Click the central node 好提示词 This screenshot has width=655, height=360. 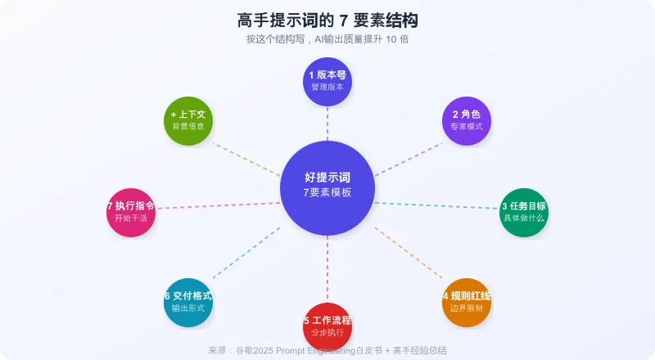pos(327,187)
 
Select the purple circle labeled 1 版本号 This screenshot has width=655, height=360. pos(327,81)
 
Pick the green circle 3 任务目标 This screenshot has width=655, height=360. pos(524,212)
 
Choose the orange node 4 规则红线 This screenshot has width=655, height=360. pos(467,302)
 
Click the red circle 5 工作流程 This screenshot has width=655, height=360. pos(327,325)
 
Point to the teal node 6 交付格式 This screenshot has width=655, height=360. pos(188,302)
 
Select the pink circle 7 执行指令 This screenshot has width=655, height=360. pos(131,212)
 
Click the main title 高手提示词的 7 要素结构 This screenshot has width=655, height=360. pos(327,20)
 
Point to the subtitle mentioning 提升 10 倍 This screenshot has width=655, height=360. pos(327,39)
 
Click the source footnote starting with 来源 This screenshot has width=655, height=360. pos(327,350)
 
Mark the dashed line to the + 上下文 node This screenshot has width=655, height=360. pos(246,159)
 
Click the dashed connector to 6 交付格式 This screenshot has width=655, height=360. pos(246,252)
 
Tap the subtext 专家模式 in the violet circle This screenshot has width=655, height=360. pos(467,127)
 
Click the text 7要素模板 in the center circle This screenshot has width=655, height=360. pos(327,193)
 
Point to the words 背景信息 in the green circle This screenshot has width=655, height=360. pos(188,127)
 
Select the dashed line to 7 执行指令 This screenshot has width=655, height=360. pos(218,205)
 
